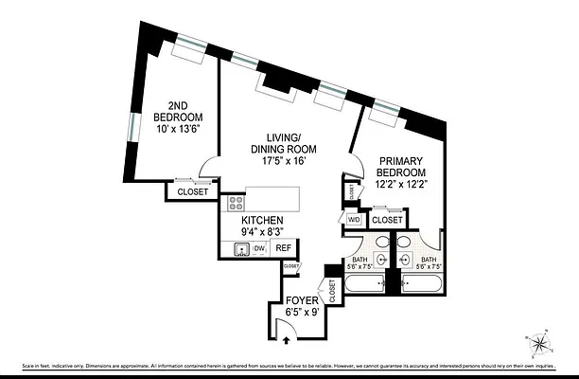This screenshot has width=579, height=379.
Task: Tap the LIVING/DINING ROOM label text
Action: point(283,143)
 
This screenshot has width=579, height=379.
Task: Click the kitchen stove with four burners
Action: point(236,202)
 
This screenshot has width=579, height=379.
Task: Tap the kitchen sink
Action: point(241,249)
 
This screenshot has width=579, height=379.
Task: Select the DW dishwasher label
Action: point(257,249)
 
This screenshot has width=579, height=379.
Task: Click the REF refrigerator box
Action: point(282,249)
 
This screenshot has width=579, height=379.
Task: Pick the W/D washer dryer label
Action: point(354,220)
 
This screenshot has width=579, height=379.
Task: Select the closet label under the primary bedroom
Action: point(387,220)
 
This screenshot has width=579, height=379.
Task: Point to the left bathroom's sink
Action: point(380,259)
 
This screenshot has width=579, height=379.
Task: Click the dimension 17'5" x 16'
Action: point(283,161)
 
